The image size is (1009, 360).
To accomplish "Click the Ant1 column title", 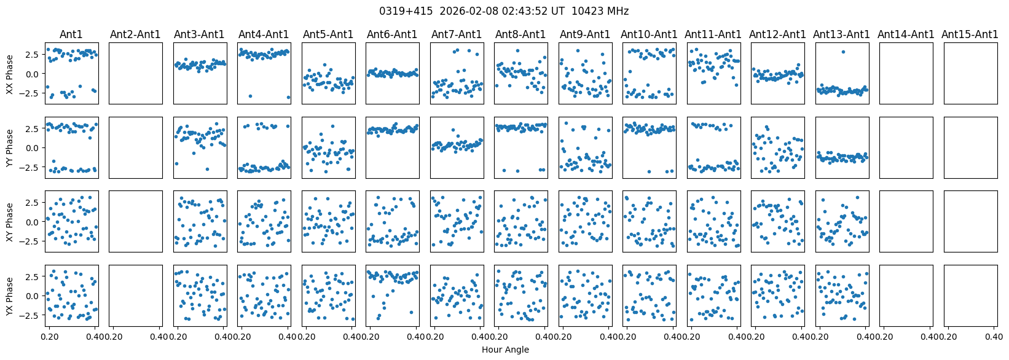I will point(71,34).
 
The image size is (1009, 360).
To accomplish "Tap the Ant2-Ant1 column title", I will point(135,34).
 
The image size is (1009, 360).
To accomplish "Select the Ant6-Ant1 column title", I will point(392,34).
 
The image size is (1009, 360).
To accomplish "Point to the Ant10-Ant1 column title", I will point(649,34).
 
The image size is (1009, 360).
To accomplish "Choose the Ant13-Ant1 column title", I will point(841,34).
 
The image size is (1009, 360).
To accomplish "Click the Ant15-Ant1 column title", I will point(970,34).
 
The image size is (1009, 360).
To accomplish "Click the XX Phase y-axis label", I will point(9,74).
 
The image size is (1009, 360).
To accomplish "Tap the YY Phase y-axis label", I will point(9,147).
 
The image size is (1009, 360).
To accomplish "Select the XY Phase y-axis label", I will point(9,221).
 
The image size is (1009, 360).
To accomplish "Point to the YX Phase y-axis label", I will point(9,295).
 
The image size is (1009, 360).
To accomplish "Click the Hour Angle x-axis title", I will point(505,350).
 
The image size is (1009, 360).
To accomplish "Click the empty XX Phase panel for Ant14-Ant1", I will point(906,73).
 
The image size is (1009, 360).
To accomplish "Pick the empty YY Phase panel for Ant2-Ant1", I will point(136,147).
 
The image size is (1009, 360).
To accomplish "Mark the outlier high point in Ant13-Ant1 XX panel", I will point(843,52).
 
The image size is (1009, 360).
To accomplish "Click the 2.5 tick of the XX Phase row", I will point(33,55).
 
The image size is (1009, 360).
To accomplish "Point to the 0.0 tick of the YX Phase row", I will point(33,295).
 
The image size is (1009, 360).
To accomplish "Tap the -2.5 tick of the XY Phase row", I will point(31,241).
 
